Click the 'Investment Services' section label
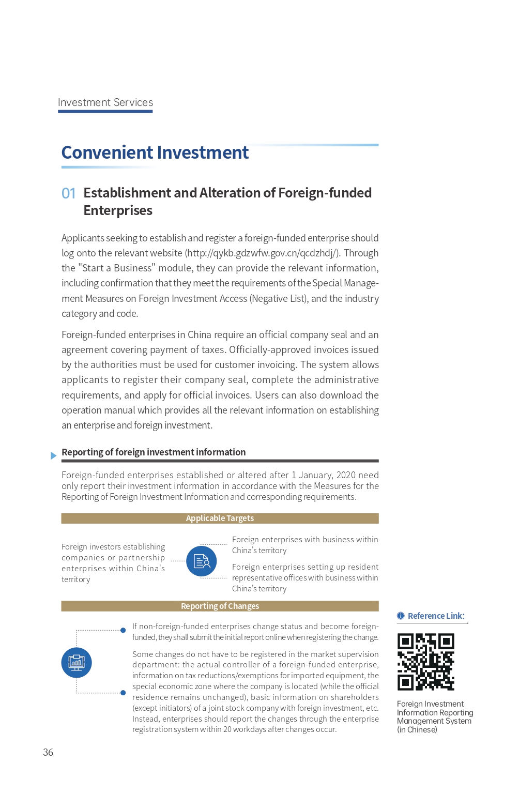(105, 102)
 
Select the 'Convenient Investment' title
(155, 152)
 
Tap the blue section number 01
(68, 193)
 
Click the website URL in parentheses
(263, 253)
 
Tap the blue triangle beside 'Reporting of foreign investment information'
(53, 455)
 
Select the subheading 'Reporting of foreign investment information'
(154, 452)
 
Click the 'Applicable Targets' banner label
(220, 518)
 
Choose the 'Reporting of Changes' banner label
(220, 606)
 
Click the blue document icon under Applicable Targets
(201, 561)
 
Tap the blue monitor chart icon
(77, 662)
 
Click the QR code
(425, 662)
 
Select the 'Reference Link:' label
(436, 616)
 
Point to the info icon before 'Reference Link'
(401, 616)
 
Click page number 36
(48, 752)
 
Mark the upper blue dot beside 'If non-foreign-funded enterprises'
(123, 630)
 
